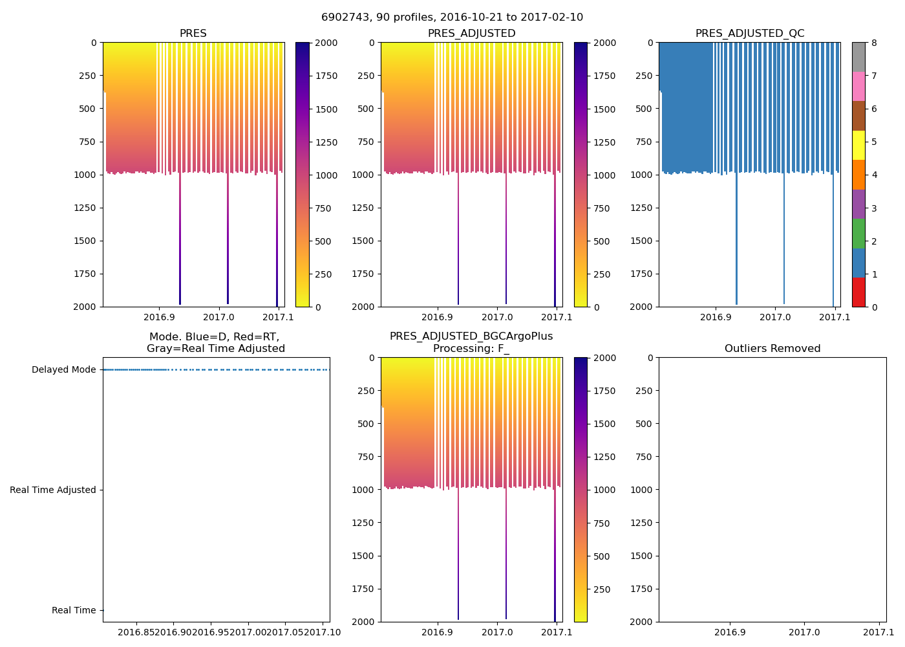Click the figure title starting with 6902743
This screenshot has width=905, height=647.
(452, 17)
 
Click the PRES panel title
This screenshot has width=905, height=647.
(193, 34)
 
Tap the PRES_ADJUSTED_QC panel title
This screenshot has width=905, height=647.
(749, 34)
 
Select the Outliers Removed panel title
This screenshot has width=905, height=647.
(772, 349)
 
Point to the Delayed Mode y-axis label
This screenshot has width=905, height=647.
(63, 370)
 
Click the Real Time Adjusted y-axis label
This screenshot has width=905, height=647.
(53, 490)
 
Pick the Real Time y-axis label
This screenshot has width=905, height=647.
(74, 611)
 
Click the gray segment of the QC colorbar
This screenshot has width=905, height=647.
(858, 57)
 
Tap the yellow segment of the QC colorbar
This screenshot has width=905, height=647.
(858, 145)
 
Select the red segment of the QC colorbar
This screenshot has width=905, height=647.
(858, 292)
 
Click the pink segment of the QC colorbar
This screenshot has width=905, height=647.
(858, 86)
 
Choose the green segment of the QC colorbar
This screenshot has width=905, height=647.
(858, 233)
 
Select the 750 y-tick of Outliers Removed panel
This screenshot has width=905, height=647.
(644, 457)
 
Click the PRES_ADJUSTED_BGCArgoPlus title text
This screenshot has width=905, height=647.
(471, 336)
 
